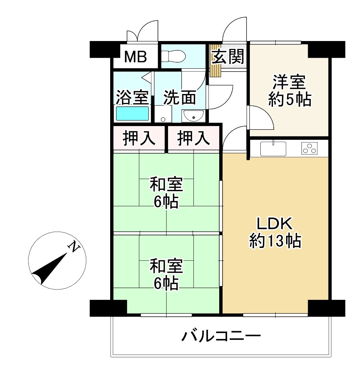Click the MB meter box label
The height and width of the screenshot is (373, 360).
pyautogui.click(x=136, y=57)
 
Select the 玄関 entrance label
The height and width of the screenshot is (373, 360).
pyautogui.click(x=228, y=57)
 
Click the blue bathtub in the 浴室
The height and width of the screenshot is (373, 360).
pyautogui.click(x=132, y=113)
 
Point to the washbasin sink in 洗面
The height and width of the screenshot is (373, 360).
pyautogui.click(x=193, y=116)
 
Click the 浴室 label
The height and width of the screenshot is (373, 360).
pyautogui.click(x=132, y=97)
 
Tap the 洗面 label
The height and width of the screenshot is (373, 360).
pyautogui.click(x=180, y=97)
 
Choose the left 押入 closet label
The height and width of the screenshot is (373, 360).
pyautogui.click(x=139, y=138)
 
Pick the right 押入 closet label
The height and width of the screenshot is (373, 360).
pyautogui.click(x=193, y=138)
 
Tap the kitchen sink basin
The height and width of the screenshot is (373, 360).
pyautogui.click(x=273, y=149)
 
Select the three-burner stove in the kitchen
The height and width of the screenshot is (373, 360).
pyautogui.click(x=310, y=148)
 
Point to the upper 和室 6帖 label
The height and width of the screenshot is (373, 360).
pyautogui.click(x=166, y=193)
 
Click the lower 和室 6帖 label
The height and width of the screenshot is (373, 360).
pyautogui.click(x=166, y=275)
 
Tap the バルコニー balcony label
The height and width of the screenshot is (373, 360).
pyautogui.click(x=221, y=337)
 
